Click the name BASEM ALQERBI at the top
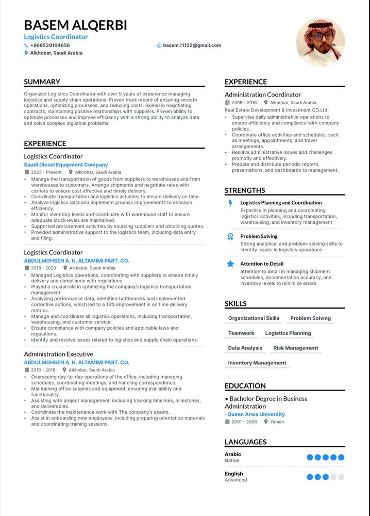[75, 25]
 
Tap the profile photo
[321, 42]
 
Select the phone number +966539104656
[50, 45]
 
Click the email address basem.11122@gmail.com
[192, 45]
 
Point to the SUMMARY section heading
[42, 82]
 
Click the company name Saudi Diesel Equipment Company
[66, 165]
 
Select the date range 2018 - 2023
[43, 268]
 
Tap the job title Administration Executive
[58, 354]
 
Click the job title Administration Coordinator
[263, 94]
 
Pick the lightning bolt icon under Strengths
[230, 203]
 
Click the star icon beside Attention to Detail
[230, 264]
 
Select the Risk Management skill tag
[296, 348]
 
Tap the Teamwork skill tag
[241, 333]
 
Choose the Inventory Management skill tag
[257, 363]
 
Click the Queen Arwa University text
[256, 414]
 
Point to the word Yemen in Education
[277, 422]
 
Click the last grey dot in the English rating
[341, 477]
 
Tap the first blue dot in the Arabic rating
[310, 457]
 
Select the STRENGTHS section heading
[245, 190]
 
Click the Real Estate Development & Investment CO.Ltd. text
[276, 110]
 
